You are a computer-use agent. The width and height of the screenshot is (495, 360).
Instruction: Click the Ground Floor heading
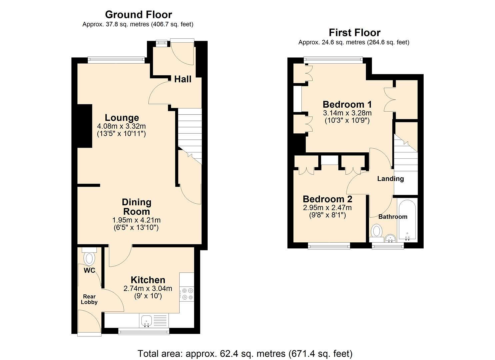tap(138, 15)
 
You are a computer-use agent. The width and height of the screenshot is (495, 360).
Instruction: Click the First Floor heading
tap(354, 33)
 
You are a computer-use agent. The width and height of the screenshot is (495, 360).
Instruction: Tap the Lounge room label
tap(122, 118)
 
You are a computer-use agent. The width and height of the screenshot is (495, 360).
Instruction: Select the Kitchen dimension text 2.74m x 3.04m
tap(148, 289)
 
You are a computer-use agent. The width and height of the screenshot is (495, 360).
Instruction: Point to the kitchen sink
tap(146, 321)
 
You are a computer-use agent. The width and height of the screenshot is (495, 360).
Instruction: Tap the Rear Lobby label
tap(89, 299)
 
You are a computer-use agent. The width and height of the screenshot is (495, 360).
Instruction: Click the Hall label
tap(183, 79)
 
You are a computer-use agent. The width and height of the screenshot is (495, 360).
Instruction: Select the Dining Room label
tap(136, 207)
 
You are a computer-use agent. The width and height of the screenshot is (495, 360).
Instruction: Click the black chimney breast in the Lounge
tap(85, 126)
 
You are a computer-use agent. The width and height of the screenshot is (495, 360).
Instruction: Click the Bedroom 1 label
tap(347, 104)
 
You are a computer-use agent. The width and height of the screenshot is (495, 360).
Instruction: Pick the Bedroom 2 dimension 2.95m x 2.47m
tap(327, 208)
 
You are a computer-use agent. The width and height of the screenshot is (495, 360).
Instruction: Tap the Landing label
tap(390, 179)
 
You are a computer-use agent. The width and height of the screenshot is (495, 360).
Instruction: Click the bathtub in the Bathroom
tap(407, 220)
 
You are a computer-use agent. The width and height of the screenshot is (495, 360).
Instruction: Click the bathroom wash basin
tap(390, 238)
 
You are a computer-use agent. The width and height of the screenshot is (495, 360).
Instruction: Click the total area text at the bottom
tap(245, 353)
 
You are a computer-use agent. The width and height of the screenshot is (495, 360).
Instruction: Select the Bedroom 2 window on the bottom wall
tap(329, 246)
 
